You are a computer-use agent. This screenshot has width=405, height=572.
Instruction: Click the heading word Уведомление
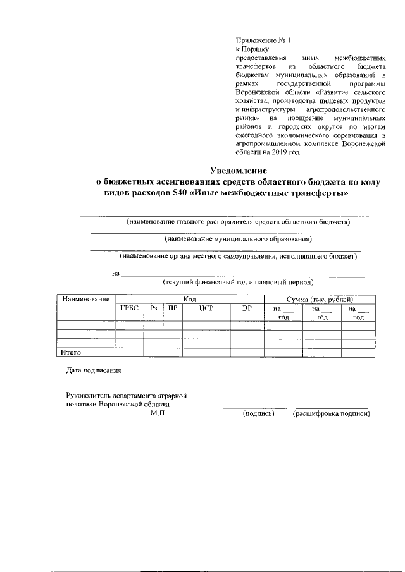click(239, 170)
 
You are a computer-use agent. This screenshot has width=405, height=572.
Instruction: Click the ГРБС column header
click(128, 308)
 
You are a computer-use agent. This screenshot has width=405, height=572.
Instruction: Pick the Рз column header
click(153, 308)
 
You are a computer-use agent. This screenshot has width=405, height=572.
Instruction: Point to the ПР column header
click(171, 308)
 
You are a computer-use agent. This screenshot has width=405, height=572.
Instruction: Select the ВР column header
click(247, 308)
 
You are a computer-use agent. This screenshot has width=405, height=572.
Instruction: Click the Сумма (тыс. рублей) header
click(319, 299)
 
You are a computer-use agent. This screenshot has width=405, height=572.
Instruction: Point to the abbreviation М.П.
click(158, 413)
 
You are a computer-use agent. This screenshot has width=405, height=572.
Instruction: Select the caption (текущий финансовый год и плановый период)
click(238, 283)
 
